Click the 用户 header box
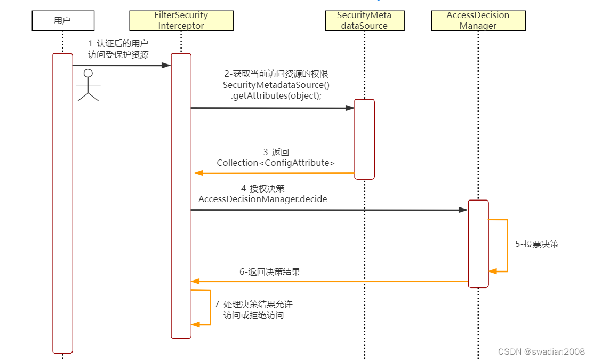63,21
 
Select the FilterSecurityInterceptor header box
181,21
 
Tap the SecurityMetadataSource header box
365,21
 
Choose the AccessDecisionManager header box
478,21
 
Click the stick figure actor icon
89,85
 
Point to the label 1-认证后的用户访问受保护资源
118,49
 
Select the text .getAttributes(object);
276,95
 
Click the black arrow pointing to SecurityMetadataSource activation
273,108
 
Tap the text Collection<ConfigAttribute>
276,163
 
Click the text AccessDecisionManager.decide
263,199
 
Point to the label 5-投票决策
536,244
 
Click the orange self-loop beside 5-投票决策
507,245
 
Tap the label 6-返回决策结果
270,271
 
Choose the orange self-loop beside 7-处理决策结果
210,307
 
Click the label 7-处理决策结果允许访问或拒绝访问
253,309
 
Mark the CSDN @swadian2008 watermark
541,351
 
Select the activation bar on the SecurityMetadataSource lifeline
365,139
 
